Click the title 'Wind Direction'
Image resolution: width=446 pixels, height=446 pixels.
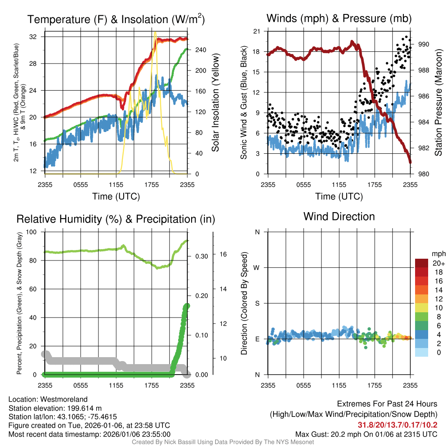pyautogui.click(x=339, y=216)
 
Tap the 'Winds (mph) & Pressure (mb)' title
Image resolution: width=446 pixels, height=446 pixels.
pyautogui.click(x=339, y=18)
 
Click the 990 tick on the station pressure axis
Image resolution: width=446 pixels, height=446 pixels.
pyautogui.click(x=424, y=44)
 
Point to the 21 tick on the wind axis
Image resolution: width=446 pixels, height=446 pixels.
pyautogui.click(x=257, y=31)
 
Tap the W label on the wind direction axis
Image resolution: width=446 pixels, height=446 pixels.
pyautogui.click(x=257, y=267)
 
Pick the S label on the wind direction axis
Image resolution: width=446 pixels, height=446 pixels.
pyautogui.click(x=257, y=303)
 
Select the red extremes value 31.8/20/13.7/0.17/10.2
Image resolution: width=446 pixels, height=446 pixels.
pyautogui.click(x=398, y=425)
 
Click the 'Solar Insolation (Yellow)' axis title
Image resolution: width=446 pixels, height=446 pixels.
pyautogui.click(x=215, y=103)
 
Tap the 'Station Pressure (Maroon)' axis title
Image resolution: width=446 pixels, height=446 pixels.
pyautogui.click(x=438, y=103)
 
